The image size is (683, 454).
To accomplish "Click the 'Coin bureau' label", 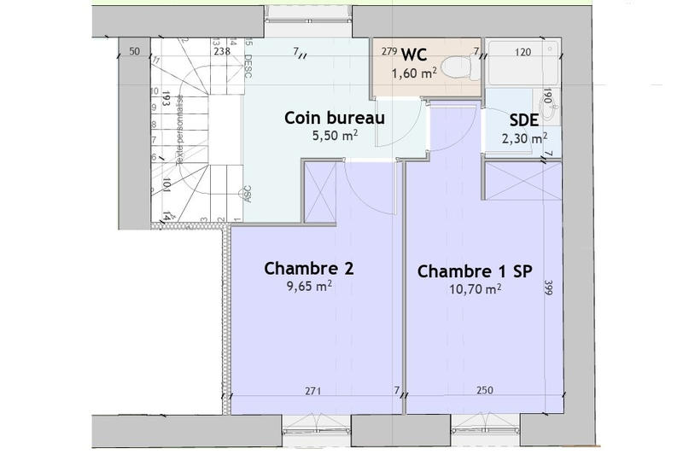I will pos(336,118).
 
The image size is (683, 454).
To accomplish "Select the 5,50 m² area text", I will pos(336,135).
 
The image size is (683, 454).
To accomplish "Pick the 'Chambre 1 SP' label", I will pos(475,271).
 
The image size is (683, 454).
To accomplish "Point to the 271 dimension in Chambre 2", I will pos(313,392).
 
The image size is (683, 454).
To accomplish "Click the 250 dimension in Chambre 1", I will pos(484,392).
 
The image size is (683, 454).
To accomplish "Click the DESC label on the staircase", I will pos(248,56).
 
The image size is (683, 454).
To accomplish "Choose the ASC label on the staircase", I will pos(248,194).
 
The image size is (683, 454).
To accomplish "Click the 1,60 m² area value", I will pos(414,74).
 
